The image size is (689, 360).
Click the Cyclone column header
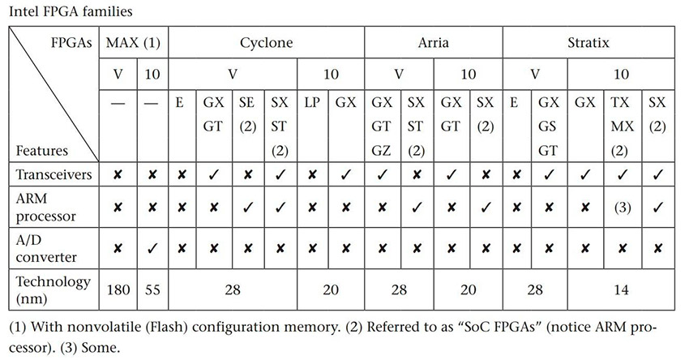click(267, 43)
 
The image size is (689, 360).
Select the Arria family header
click(434, 43)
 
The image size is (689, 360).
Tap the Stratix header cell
click(588, 43)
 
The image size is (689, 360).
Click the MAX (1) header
click(133, 43)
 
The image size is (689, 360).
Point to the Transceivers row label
click(53, 174)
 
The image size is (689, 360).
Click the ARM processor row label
click(45, 207)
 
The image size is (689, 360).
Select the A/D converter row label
click(46, 248)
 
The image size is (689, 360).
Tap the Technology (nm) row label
click(53, 289)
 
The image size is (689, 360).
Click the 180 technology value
click(118, 289)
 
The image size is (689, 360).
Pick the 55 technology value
click(152, 289)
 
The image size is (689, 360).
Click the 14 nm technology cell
click(621, 289)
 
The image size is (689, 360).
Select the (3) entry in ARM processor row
click(623, 207)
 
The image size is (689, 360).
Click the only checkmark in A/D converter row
click(152, 249)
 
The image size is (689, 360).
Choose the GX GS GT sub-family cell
click(549, 126)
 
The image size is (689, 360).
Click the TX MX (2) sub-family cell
click(623, 126)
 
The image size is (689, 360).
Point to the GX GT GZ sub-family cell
click(382, 126)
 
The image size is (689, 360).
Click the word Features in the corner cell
click(42, 151)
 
